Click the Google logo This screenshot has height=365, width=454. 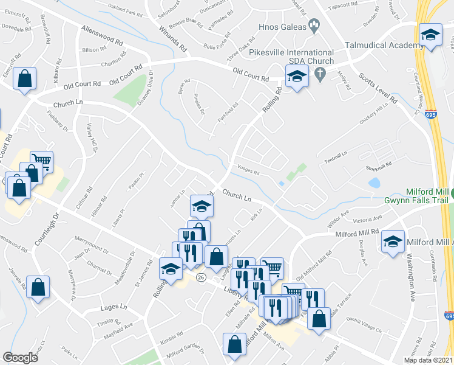pyautogui.click(x=20, y=358)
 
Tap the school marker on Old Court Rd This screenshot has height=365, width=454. pyautogui.click(x=296, y=77)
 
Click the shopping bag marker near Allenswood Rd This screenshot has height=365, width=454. pyautogui.click(x=24, y=78)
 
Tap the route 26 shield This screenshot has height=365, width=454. pyautogui.click(x=200, y=277)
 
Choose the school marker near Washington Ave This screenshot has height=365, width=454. pyautogui.click(x=393, y=242)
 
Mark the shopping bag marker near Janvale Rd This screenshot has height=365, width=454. pyautogui.click(x=38, y=288)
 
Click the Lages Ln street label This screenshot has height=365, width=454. pyautogui.click(x=113, y=307)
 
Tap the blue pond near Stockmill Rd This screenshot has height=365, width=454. pyautogui.click(x=374, y=182)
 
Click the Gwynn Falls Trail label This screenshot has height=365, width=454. pyautogui.click(x=417, y=200)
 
